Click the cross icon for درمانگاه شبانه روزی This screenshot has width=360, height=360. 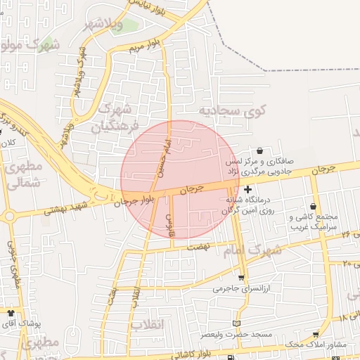click(x=247, y=189)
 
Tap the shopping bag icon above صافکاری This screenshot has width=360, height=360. click(x=260, y=150)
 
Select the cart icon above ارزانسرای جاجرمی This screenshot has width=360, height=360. click(x=242, y=278)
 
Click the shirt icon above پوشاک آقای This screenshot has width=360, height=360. click(x=11, y=311)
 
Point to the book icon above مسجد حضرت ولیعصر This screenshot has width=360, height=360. click(x=236, y=322)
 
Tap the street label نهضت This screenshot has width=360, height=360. click(x=199, y=248)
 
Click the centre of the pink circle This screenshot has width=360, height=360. click(x=181, y=179)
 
